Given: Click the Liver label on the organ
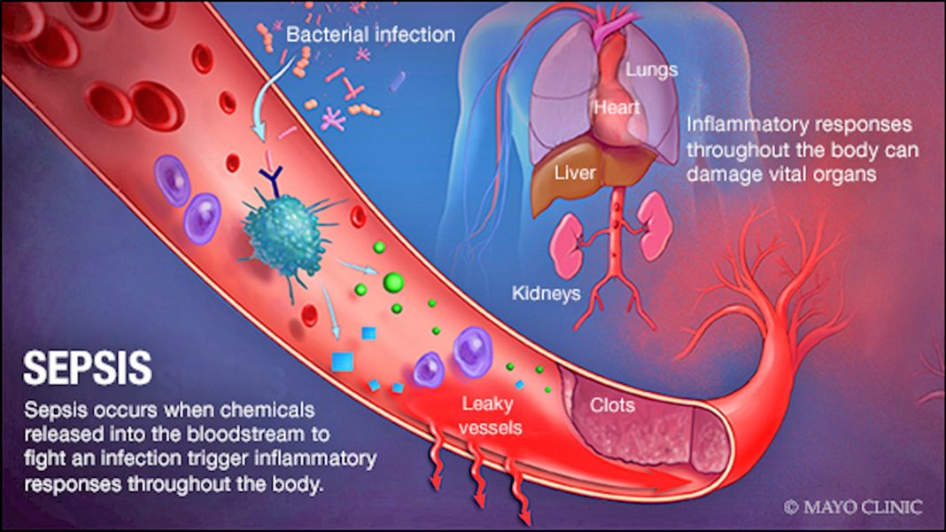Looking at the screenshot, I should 575,173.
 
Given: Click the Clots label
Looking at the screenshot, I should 613,405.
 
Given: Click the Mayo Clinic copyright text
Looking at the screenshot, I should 852,507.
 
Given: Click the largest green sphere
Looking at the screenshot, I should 392,283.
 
